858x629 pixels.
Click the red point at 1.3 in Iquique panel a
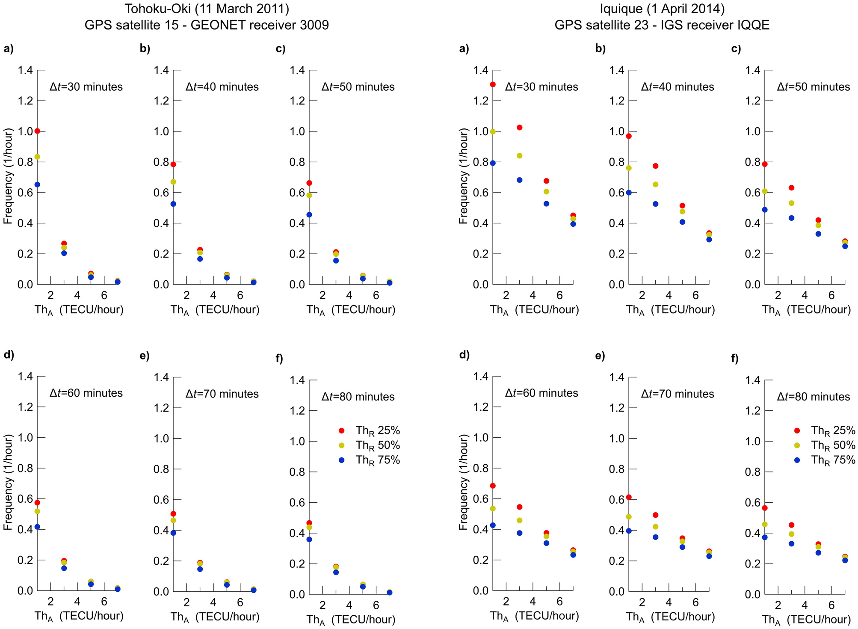tap(493, 84)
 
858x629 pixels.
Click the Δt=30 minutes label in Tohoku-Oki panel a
tap(86, 87)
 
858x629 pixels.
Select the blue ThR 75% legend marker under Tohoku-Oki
tap(341, 460)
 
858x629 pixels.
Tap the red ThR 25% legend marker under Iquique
tap(797, 430)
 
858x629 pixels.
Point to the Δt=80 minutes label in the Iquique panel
tap(813, 397)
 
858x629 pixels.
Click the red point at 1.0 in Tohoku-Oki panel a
tap(37, 131)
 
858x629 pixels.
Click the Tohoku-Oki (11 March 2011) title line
tap(207, 9)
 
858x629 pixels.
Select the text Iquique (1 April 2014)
tap(662, 9)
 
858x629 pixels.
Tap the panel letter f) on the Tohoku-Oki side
tap(279, 359)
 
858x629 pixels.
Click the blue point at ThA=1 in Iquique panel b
tap(629, 193)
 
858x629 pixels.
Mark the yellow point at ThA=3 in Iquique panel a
tap(520, 156)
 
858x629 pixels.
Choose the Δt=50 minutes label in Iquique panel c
tap(813, 87)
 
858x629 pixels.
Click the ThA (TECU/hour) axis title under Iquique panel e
tap(670, 617)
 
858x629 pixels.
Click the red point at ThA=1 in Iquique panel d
tap(493, 486)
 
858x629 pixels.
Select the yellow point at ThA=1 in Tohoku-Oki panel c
tap(309, 195)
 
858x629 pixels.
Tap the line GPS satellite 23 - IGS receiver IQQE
tap(662, 25)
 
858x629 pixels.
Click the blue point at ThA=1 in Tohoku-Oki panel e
tap(173, 533)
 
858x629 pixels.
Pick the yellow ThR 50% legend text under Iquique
tap(833, 445)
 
